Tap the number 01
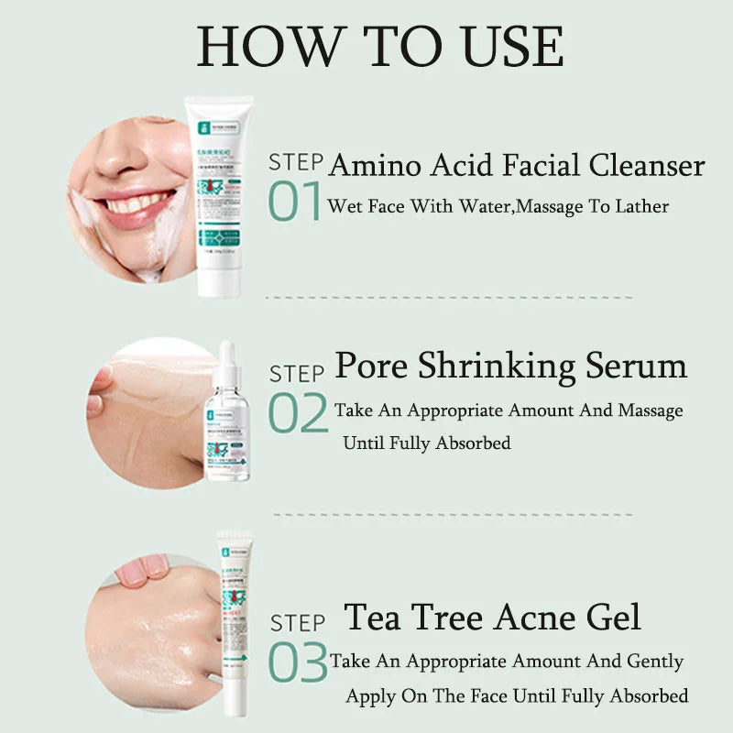click(295, 202)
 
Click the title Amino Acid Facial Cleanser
click(517, 166)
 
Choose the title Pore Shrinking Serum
click(510, 366)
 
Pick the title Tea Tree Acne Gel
click(492, 617)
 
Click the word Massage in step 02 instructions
click(651, 410)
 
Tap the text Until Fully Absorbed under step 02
click(426, 443)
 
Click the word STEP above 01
click(295, 163)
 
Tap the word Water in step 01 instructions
click(478, 206)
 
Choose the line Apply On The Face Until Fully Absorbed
click(516, 696)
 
